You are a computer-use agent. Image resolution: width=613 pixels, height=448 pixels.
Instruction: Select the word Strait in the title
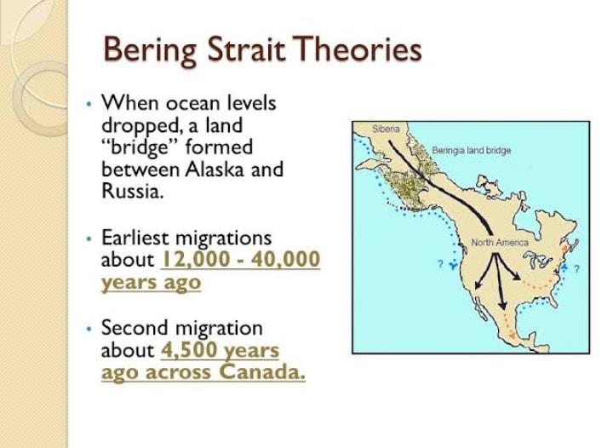pos(245,49)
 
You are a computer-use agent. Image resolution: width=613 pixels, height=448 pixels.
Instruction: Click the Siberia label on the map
pos(386,129)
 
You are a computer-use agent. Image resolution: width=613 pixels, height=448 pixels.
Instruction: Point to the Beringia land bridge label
pos(472,151)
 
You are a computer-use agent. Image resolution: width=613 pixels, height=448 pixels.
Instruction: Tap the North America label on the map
pos(500,243)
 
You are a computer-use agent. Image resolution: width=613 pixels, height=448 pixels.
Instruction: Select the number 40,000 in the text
pos(286,259)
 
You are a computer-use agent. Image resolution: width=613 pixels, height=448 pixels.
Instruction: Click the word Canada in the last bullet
pos(262,371)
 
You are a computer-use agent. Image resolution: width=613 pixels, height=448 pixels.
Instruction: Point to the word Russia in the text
pos(132,191)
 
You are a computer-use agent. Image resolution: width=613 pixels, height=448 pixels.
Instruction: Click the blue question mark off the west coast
pos(441,264)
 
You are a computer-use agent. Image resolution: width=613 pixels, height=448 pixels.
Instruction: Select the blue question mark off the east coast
pos(577,268)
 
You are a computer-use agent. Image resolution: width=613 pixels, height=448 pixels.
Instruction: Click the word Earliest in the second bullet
pos(135,238)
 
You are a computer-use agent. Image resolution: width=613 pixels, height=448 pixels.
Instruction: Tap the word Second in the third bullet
pos(135,328)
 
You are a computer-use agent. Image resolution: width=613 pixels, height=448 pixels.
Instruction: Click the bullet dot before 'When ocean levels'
pos(89,105)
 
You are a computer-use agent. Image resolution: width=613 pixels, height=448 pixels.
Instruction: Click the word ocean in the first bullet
pos(192,104)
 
